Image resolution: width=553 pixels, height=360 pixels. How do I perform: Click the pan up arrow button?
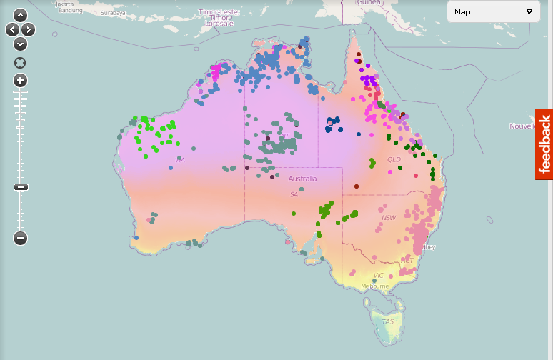coord(20,15)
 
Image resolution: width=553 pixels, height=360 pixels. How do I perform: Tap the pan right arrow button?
coord(28,29)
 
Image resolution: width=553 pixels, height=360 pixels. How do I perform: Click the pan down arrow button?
coord(20,44)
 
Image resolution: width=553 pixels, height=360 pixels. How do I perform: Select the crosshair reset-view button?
coord(20,63)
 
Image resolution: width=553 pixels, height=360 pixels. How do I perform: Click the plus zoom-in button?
coord(20,80)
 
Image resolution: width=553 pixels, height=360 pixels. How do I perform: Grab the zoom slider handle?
coord(20,187)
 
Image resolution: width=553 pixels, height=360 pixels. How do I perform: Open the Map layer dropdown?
coord(494,11)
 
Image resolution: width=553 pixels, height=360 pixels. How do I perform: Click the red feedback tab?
coord(544,144)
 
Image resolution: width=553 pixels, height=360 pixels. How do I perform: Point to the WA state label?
coord(180,160)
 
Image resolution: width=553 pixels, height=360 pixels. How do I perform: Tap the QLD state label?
coord(394,160)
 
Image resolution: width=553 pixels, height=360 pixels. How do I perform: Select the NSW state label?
coord(389,218)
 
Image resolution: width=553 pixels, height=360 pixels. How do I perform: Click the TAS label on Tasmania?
coord(387,321)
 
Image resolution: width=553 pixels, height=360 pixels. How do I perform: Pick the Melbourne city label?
coord(374,286)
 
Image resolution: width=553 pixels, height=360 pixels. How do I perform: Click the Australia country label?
coord(302,179)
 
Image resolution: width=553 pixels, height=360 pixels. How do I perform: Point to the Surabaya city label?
coord(113,13)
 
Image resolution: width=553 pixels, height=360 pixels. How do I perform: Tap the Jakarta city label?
coord(65,4)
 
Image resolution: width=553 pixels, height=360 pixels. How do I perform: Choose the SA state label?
coord(294,194)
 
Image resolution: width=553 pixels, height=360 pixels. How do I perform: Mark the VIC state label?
coord(379,275)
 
